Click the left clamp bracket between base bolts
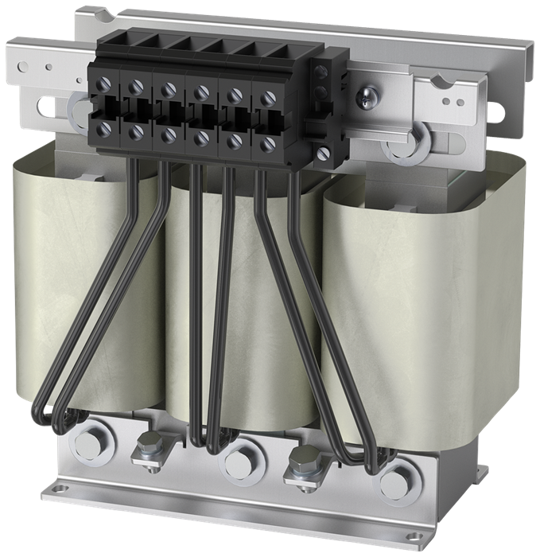point(149,453)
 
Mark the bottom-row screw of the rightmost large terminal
point(268,144)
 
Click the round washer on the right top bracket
point(398,147)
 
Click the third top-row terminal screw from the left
point(169,89)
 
